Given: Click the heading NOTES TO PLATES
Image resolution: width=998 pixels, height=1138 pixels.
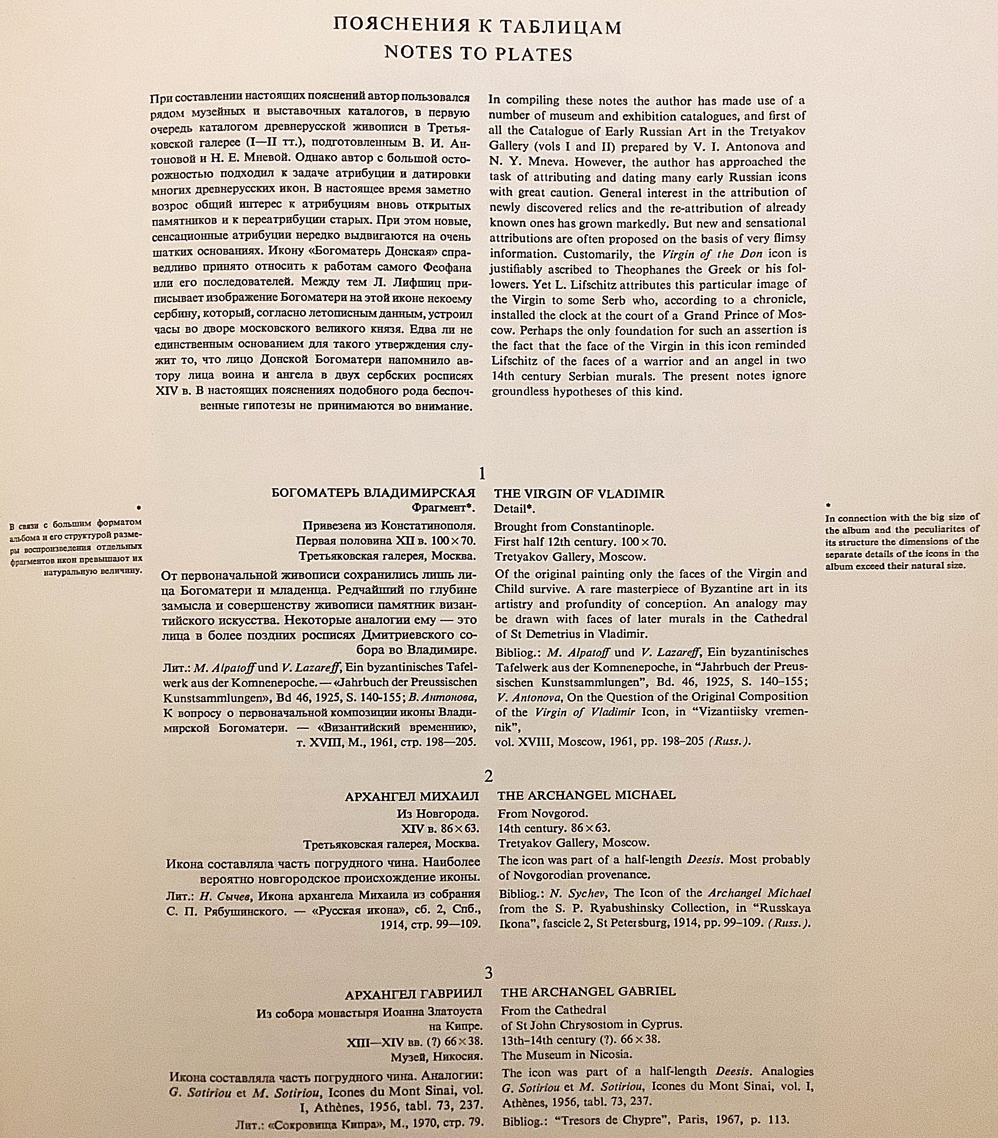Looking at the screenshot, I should click(479, 54).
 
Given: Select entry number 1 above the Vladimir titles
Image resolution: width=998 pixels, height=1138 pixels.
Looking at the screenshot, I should click(482, 474).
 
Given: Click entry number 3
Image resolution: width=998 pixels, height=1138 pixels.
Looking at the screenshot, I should click(488, 973).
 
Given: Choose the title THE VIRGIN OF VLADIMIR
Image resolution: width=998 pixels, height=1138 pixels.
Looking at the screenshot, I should click(579, 494).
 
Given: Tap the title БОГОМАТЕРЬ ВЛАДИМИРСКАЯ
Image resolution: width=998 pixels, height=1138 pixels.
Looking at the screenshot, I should click(374, 493).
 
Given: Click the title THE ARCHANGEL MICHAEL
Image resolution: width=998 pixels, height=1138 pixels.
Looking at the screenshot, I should click(587, 795).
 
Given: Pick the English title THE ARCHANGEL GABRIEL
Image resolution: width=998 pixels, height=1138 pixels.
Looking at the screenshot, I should click(588, 992).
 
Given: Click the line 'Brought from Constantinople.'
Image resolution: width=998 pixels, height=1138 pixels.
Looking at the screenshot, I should click(574, 526).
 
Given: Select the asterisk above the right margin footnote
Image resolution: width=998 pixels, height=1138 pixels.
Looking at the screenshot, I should click(829, 506).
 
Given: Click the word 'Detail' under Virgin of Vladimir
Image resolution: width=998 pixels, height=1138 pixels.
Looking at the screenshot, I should click(510, 509).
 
